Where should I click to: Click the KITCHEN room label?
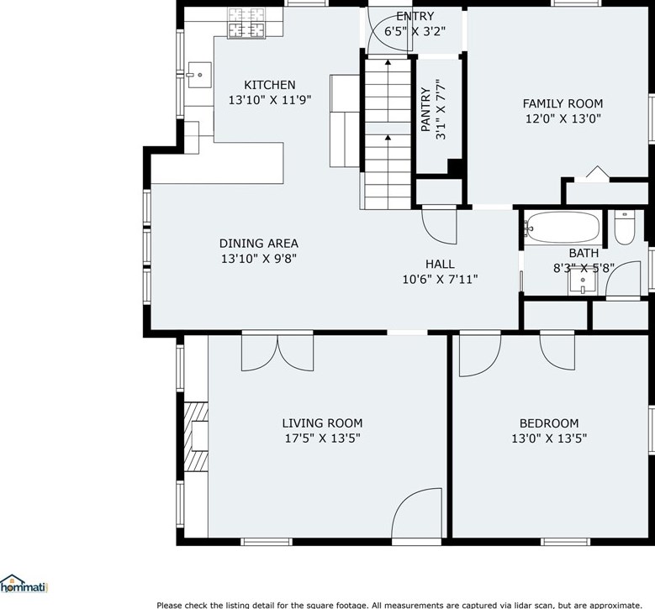coord(269,85)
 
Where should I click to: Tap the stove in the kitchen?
coord(246,23)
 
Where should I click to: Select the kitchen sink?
coord(199,75)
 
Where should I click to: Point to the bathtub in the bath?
coord(563,228)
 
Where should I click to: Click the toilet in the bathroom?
coord(625,227)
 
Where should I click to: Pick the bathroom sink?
coord(583,281)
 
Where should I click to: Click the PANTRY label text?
coord(425,109)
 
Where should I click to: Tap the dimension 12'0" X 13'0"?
coord(563,119)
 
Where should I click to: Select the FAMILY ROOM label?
coord(563,103)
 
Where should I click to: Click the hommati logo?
coord(24,584)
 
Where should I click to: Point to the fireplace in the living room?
coord(197,437)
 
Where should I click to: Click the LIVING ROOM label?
coord(322,423)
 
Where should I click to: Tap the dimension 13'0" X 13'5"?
coord(549,438)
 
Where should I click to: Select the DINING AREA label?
coord(259,244)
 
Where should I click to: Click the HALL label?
coord(440,265)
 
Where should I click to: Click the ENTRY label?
coord(415,16)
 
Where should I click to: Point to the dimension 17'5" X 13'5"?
coord(322,438)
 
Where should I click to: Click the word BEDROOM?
coord(549,423)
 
